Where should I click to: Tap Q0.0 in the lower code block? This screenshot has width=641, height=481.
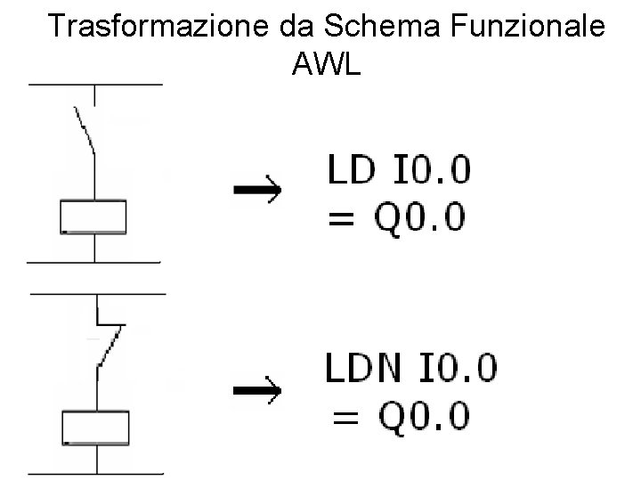click(426, 415)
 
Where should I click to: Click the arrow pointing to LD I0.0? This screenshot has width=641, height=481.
click(256, 190)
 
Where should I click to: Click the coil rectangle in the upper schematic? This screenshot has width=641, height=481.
click(93, 217)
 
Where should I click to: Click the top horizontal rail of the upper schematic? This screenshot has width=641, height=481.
click(95, 85)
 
